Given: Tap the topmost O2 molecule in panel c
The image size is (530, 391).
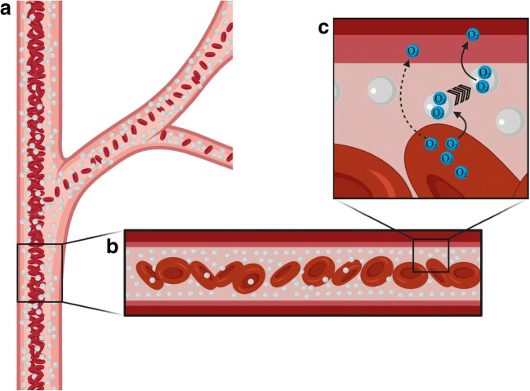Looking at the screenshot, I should (473, 34).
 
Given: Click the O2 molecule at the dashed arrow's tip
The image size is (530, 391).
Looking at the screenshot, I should (413, 51).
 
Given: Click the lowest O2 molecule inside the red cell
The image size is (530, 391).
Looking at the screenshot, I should (461, 171).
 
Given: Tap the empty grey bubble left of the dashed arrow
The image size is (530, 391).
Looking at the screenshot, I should (382, 89).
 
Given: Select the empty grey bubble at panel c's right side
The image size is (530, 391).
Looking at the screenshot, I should (510, 120).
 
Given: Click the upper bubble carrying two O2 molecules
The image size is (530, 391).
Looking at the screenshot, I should (485, 79).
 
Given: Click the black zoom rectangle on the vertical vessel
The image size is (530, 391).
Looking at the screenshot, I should (39, 273).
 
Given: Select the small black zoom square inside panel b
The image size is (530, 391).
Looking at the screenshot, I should (430, 255).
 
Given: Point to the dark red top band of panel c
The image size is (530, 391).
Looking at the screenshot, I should (429, 25).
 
